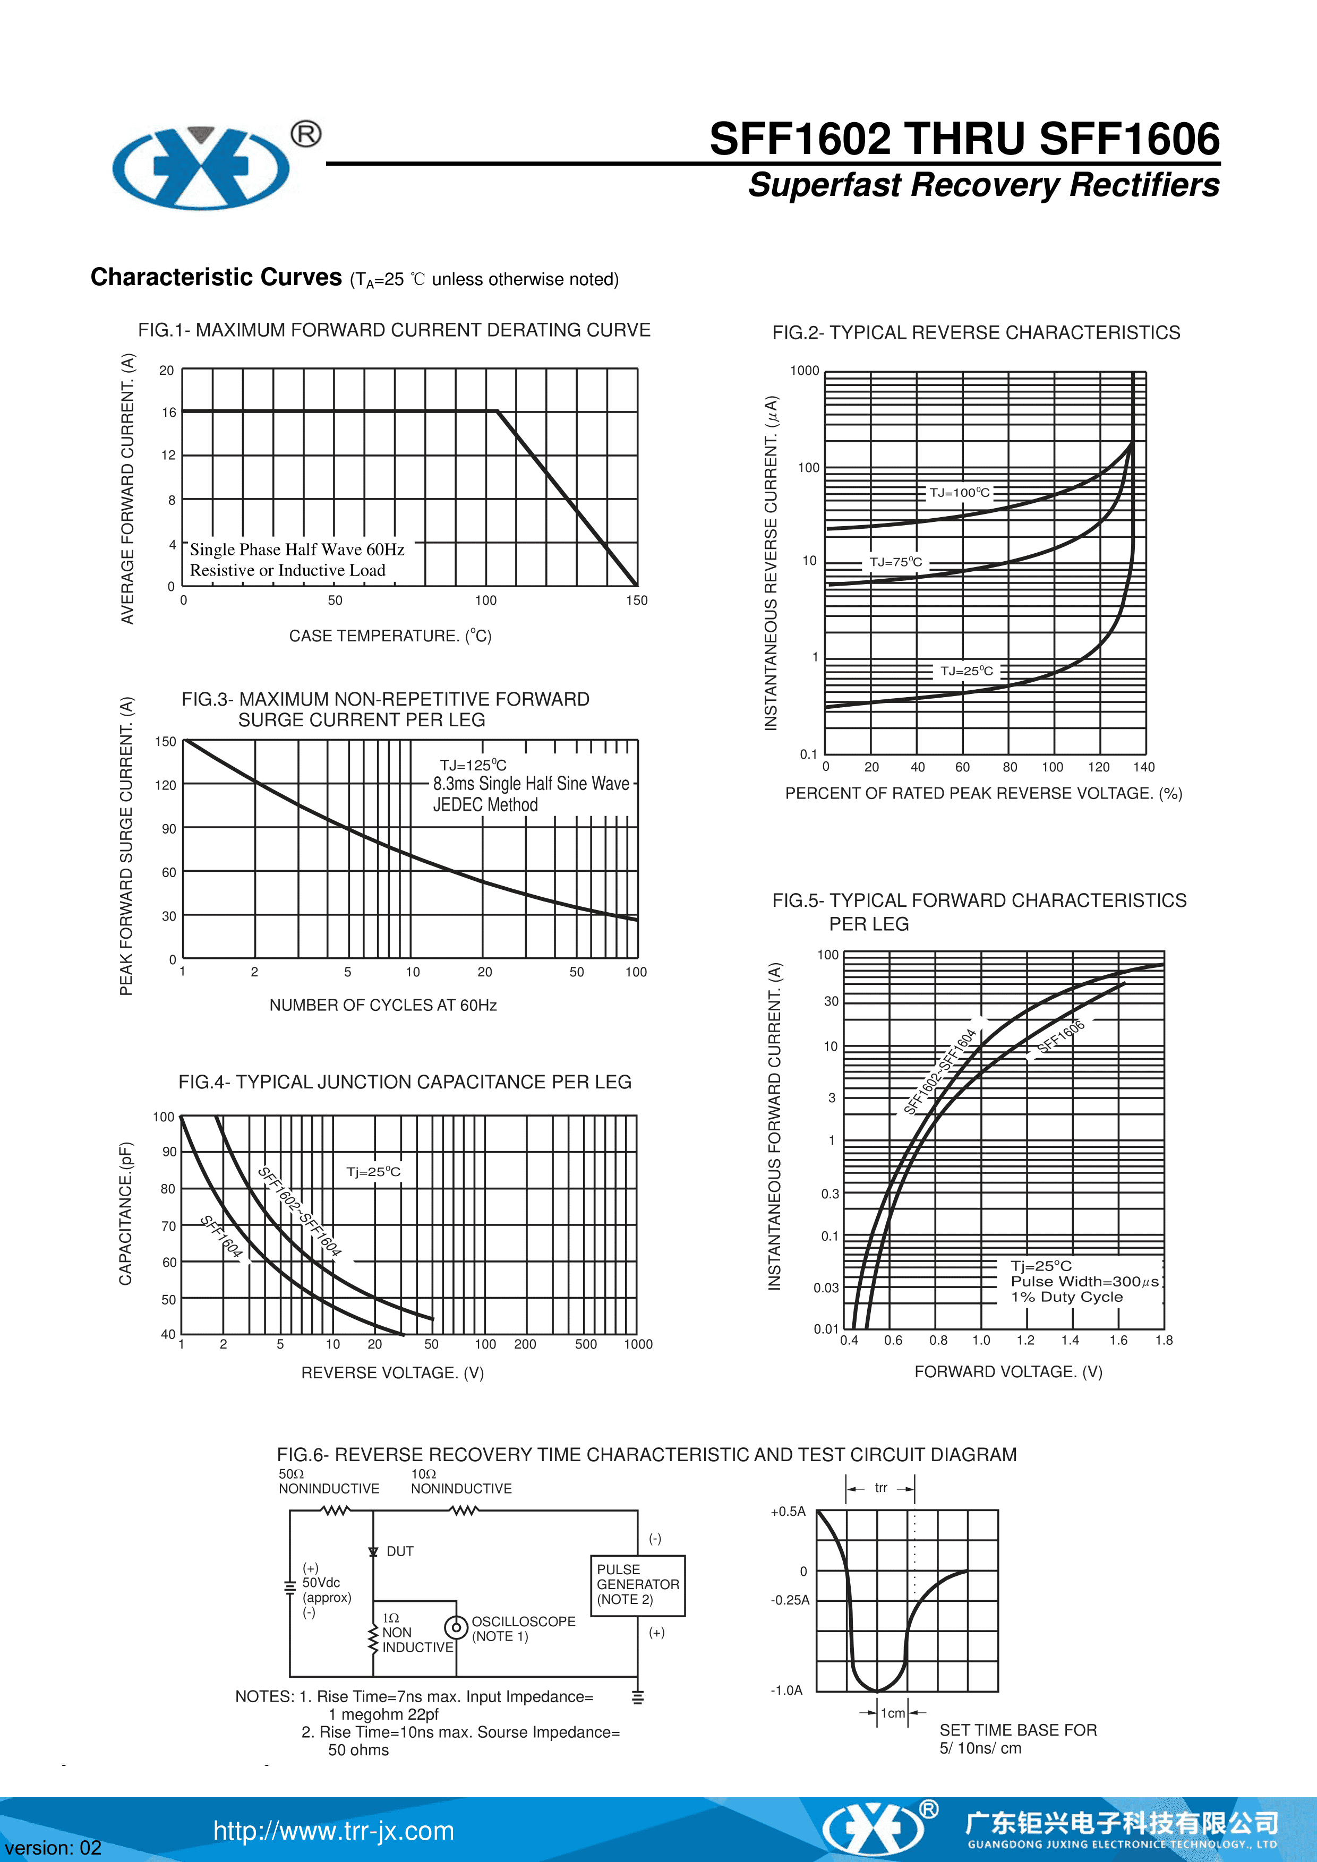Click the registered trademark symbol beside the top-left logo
point(306,134)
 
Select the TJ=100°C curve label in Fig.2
point(960,492)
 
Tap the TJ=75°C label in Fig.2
point(895,561)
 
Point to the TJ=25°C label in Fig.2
point(966,671)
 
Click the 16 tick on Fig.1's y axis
point(169,412)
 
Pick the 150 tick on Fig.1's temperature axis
point(637,600)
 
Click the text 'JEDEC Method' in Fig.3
point(485,804)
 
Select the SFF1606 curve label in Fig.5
point(1061,1036)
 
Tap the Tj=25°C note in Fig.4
point(373,1171)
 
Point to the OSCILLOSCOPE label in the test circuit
point(523,1621)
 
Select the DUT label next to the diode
point(400,1550)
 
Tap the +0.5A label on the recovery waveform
point(788,1512)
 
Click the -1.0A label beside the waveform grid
point(786,1690)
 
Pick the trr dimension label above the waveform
point(880,1487)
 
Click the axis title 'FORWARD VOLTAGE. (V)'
point(1008,1371)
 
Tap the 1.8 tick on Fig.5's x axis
point(1164,1340)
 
